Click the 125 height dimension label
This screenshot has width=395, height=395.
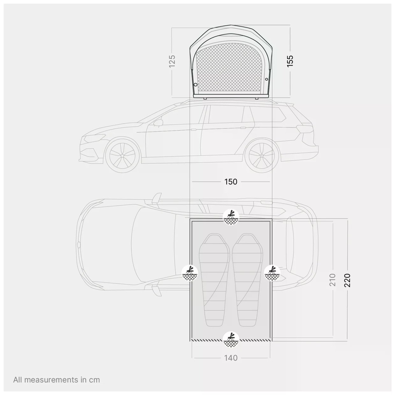[x=172, y=61]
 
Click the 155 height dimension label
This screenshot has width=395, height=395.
[x=290, y=61]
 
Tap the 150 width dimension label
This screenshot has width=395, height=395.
[x=231, y=182]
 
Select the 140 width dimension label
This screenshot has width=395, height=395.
[x=231, y=358]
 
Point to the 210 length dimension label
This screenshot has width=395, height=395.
[x=333, y=280]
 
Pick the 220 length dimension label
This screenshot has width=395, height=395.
[x=348, y=280]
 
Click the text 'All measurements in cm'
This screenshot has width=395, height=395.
[x=57, y=380]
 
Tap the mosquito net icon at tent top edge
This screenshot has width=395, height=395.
[x=231, y=217]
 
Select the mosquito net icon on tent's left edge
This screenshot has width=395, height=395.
[x=190, y=273]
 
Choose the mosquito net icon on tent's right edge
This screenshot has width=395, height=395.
[x=272, y=273]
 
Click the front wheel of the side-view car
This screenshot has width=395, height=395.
[x=122, y=156]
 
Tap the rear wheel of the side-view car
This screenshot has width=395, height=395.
[x=262, y=156]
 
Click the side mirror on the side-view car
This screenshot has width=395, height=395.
[x=158, y=123]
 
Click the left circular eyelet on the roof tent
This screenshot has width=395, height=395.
[x=195, y=84]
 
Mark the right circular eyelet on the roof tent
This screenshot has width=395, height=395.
[x=266, y=79]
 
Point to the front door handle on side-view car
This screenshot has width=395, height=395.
[x=193, y=130]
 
